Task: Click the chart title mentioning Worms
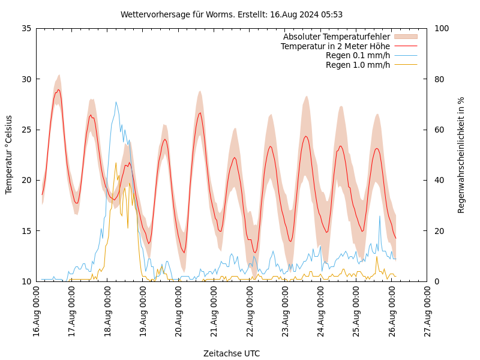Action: (x=232, y=14)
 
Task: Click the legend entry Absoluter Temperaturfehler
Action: (x=336, y=37)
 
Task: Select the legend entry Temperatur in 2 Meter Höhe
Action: (x=335, y=46)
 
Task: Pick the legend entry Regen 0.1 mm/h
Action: (x=358, y=56)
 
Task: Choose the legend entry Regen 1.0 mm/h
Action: (x=358, y=65)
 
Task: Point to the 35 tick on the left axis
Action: (x=26, y=28)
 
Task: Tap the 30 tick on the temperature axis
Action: (x=26, y=79)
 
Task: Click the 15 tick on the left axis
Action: (x=26, y=231)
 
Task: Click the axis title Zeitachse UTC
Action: (x=232, y=353)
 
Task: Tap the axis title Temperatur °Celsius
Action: (x=9, y=155)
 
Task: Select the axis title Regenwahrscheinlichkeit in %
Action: (x=461, y=155)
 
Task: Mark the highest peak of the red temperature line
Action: (x=58, y=90)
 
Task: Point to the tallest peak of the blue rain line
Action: (x=116, y=102)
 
